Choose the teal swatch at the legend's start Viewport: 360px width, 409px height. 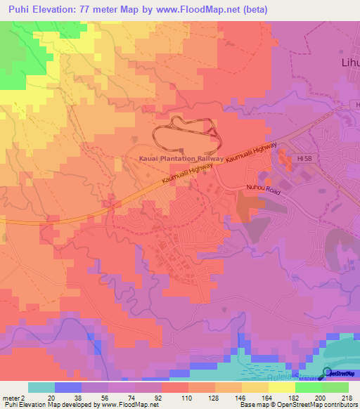pos(41,387)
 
